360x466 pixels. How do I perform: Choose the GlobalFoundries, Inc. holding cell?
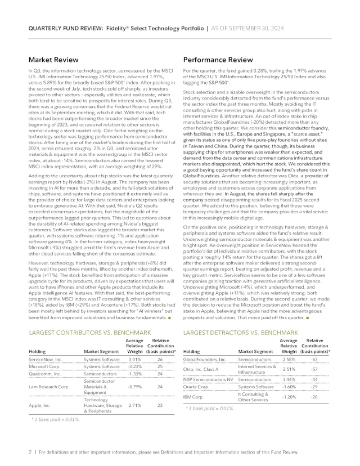205,359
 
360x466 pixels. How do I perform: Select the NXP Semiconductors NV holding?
208,380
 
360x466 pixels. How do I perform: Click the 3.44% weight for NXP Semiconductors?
289,380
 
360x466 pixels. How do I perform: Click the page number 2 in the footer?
29,451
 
